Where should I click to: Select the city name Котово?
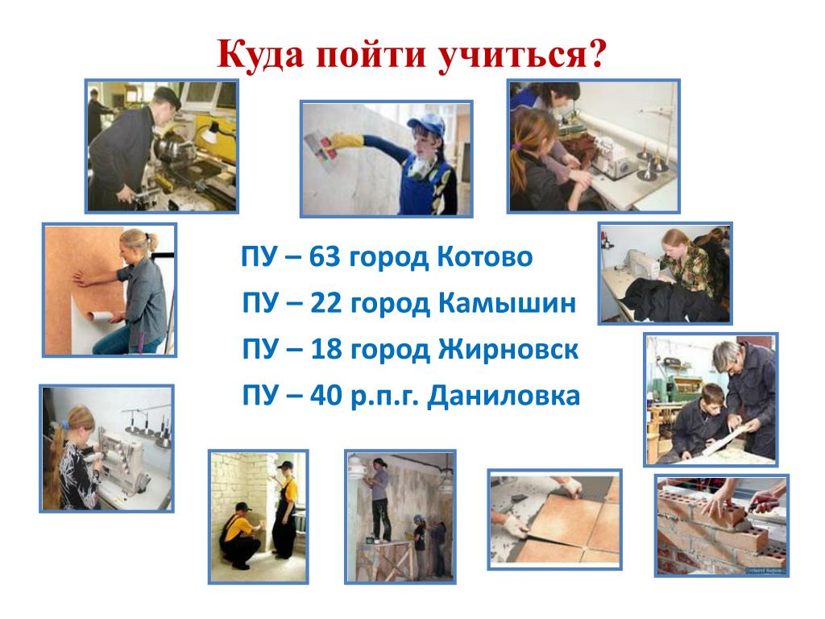[484, 257]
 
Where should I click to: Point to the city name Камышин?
[507, 303]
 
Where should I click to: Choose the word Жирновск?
[508, 349]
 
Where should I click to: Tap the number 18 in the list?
[325, 349]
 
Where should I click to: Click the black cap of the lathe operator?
[168, 97]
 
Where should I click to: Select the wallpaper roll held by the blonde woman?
[101, 317]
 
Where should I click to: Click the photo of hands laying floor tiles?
[554, 519]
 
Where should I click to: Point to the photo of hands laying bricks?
[721, 526]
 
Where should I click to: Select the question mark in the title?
[597, 54]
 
